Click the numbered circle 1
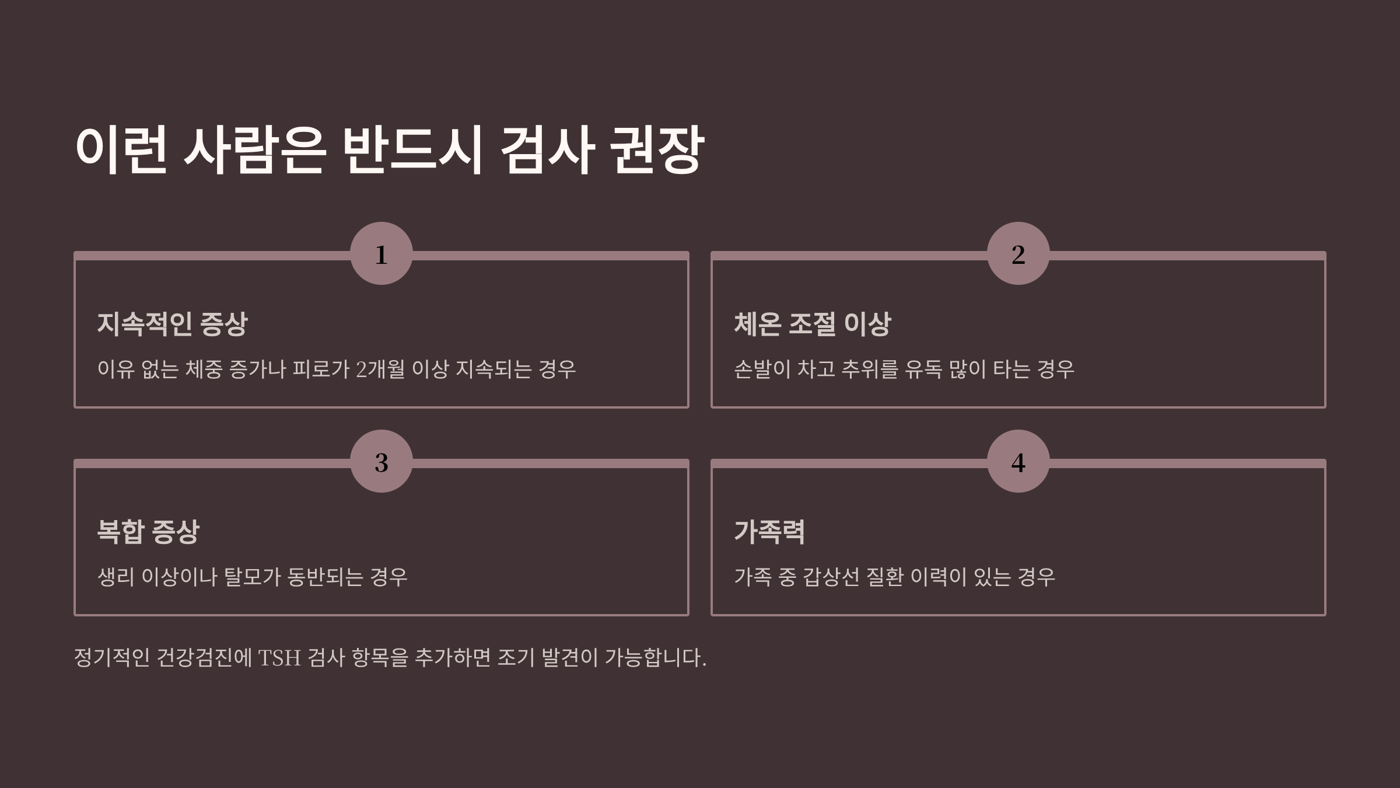[381, 253]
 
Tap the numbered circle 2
[1018, 253]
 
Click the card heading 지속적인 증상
[172, 324]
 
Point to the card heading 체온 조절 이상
[812, 324]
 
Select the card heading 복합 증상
[148, 532]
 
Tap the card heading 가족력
[769, 532]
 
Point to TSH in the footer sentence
[279, 658]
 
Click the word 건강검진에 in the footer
[204, 658]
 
